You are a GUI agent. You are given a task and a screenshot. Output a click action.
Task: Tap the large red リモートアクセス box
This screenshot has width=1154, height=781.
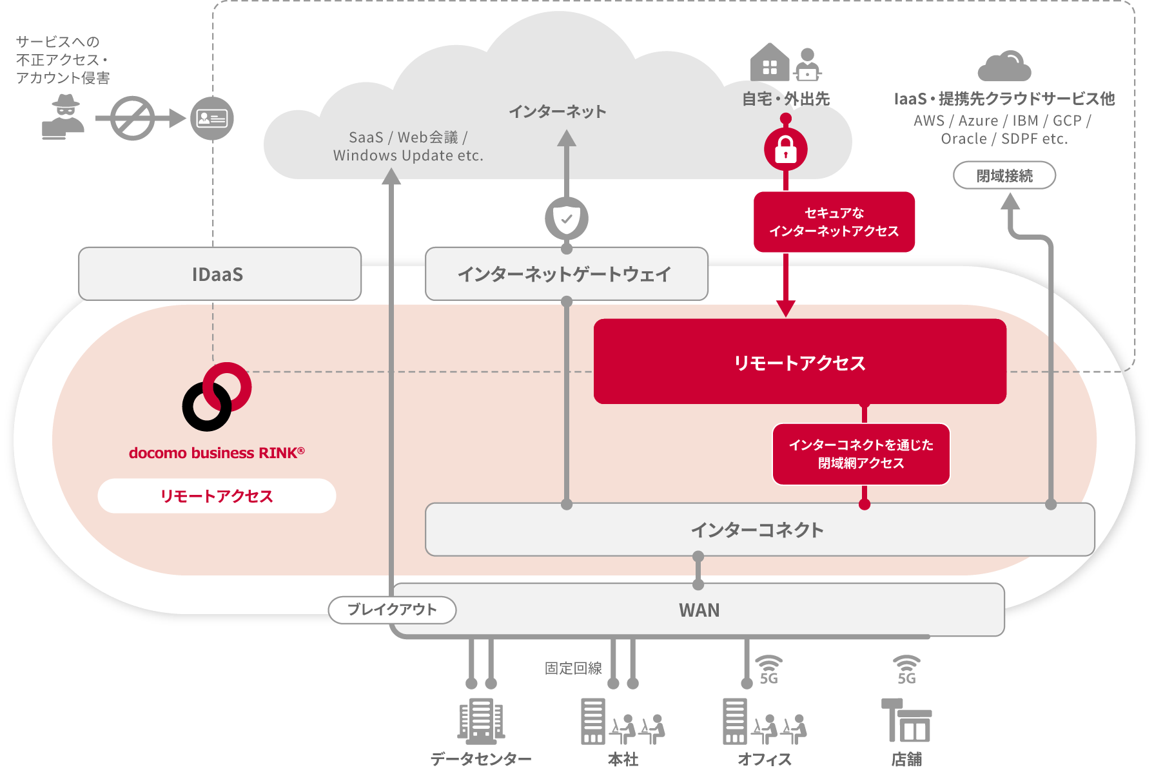click(x=799, y=362)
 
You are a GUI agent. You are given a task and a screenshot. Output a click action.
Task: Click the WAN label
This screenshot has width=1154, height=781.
click(x=699, y=610)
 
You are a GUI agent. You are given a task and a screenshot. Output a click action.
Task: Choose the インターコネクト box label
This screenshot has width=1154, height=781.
click(x=758, y=530)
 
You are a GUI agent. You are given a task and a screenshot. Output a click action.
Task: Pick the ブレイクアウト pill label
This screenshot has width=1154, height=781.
click(x=392, y=610)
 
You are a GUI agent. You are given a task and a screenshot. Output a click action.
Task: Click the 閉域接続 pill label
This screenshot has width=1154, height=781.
click(x=1004, y=175)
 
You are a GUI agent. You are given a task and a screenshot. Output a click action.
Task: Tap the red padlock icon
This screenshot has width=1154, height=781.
click(x=785, y=149)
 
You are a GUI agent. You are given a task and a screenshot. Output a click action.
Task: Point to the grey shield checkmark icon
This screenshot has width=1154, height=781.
click(x=567, y=219)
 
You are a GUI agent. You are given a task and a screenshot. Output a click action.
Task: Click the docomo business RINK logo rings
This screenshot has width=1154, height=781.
click(x=217, y=396)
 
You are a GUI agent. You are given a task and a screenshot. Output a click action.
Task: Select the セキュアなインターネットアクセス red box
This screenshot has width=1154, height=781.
click(x=834, y=222)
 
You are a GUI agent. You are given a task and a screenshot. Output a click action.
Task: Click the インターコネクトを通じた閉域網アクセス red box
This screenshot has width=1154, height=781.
click(x=861, y=454)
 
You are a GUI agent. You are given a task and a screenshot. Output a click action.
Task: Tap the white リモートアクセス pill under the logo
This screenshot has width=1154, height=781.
click(x=217, y=496)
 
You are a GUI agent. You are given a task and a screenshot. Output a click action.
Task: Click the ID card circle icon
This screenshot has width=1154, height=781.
click(x=211, y=119)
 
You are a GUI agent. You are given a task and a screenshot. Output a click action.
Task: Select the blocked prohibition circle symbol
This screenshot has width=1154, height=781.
click(x=132, y=119)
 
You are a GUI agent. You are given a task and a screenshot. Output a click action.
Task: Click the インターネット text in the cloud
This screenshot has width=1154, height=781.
click(x=558, y=111)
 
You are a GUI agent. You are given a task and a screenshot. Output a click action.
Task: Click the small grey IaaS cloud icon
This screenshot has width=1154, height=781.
click(x=1004, y=66)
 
